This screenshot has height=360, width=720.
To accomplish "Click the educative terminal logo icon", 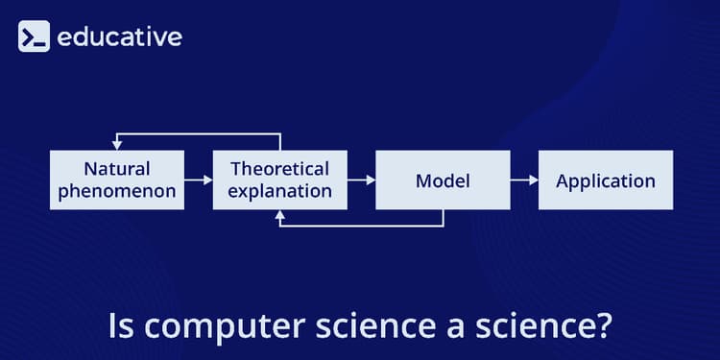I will click(34, 37).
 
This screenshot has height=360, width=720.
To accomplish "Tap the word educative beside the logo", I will click(119, 37).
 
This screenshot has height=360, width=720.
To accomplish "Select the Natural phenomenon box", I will click(116, 180).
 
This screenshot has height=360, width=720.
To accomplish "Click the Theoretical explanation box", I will click(280, 180).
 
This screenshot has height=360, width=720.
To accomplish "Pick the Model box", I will click(443, 180).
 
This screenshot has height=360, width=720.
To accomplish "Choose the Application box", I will click(606, 180).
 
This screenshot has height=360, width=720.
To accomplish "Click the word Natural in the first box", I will click(116, 169).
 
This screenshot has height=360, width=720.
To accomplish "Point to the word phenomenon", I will click(116, 191).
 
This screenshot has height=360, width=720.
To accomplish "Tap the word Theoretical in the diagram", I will click(280, 169).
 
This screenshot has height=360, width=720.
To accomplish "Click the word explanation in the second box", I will click(280, 191).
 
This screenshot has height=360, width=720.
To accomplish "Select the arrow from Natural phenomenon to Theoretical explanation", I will click(198, 180).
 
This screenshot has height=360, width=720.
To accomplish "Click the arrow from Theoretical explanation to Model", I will click(361, 180).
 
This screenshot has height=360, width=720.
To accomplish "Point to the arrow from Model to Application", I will click(524, 180).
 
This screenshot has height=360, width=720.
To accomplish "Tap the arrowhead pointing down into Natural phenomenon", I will click(116, 145).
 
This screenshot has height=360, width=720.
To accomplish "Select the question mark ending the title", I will click(602, 326).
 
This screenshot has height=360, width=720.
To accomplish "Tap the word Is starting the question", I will click(120, 326).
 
